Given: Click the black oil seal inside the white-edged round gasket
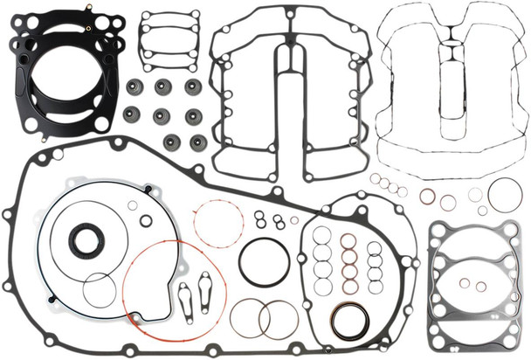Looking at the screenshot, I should [86, 240].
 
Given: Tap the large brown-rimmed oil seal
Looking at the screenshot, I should [349, 321].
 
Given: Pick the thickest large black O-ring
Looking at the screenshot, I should [264, 261].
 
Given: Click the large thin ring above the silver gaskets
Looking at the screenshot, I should [505, 195].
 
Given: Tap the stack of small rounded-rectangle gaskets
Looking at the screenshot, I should [169, 39].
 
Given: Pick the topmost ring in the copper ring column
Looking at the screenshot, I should [348, 240].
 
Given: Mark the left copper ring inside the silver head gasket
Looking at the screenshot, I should [464, 284].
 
